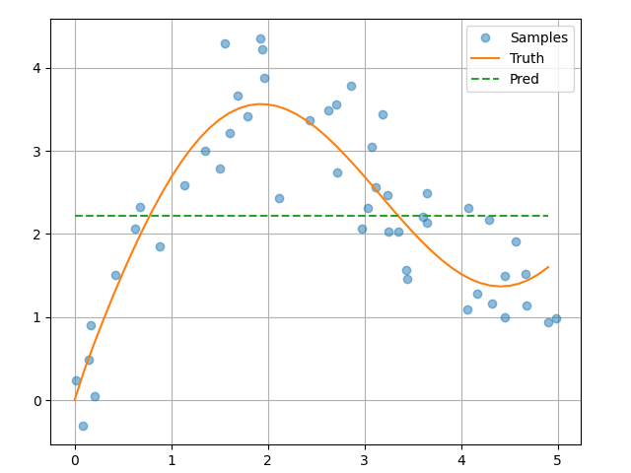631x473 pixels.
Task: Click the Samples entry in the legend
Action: click(x=538, y=37)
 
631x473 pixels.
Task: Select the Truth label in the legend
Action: click(x=526, y=58)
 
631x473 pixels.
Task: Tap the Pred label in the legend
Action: click(x=524, y=79)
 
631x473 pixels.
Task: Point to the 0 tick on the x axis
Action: click(x=75, y=459)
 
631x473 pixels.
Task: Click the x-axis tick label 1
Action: click(x=172, y=459)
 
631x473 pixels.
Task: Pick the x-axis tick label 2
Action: click(x=268, y=459)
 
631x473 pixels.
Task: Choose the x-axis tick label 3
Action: click(x=365, y=459)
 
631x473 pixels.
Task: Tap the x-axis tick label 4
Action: click(x=461, y=459)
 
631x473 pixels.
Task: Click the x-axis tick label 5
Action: click(x=558, y=459)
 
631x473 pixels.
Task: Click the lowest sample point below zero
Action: click(x=83, y=426)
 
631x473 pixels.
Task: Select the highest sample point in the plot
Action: click(x=260, y=38)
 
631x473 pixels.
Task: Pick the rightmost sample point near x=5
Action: click(x=556, y=318)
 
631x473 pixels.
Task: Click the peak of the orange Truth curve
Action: click(x=260, y=104)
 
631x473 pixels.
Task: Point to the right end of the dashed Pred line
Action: click(x=548, y=216)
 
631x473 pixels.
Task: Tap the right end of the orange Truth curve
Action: click(x=548, y=266)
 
